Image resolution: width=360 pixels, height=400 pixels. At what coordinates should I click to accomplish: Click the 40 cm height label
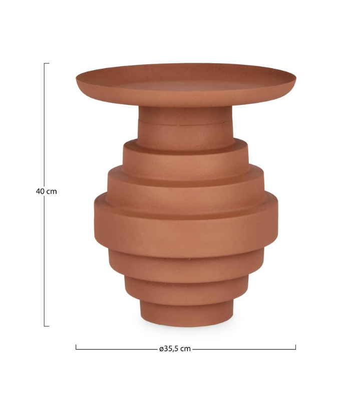[x=47, y=191]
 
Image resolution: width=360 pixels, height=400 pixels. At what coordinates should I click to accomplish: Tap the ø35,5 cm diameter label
[x=175, y=349]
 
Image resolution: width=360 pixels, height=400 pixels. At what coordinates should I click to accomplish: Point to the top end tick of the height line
[x=47, y=63]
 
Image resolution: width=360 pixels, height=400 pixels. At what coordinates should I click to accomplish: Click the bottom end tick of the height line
[x=47, y=326]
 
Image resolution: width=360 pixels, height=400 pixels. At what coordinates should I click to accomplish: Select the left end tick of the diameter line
[x=76, y=347]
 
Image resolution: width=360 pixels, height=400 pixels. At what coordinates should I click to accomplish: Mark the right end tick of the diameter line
[x=295, y=347]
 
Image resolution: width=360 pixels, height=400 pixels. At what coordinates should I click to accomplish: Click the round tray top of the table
[x=186, y=84]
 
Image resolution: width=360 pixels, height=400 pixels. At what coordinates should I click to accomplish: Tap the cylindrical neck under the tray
[x=185, y=127]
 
